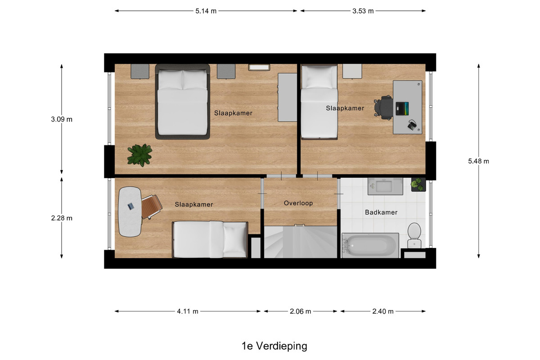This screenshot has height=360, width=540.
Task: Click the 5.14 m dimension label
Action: (206, 11)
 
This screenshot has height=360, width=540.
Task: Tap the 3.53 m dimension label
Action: (363, 11)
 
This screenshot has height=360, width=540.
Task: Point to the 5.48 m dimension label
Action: (478, 161)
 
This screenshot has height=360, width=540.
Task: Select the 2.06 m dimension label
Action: (301, 311)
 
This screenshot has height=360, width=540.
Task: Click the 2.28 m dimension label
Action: (62, 218)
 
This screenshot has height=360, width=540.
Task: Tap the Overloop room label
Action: (298, 203)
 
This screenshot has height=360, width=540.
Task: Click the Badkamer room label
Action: (381, 212)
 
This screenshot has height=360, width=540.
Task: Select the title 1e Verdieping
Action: (274, 346)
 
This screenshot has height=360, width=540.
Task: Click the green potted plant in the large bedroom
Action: (139, 155)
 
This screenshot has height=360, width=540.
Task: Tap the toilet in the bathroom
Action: (414, 235)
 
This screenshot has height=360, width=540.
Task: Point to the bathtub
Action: (370, 245)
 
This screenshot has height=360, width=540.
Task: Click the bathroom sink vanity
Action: (385, 186)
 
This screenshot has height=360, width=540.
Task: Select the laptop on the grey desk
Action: (402, 109)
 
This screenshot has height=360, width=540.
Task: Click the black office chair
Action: (383, 108)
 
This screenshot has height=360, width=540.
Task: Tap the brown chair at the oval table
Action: (151, 207)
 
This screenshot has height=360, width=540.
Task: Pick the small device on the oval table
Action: (130, 206)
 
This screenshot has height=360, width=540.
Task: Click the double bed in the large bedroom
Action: (183, 102)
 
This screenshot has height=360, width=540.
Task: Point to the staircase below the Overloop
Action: (301, 242)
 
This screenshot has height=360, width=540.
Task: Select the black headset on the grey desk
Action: (413, 126)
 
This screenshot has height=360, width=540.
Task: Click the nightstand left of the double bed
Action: (140, 72)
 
